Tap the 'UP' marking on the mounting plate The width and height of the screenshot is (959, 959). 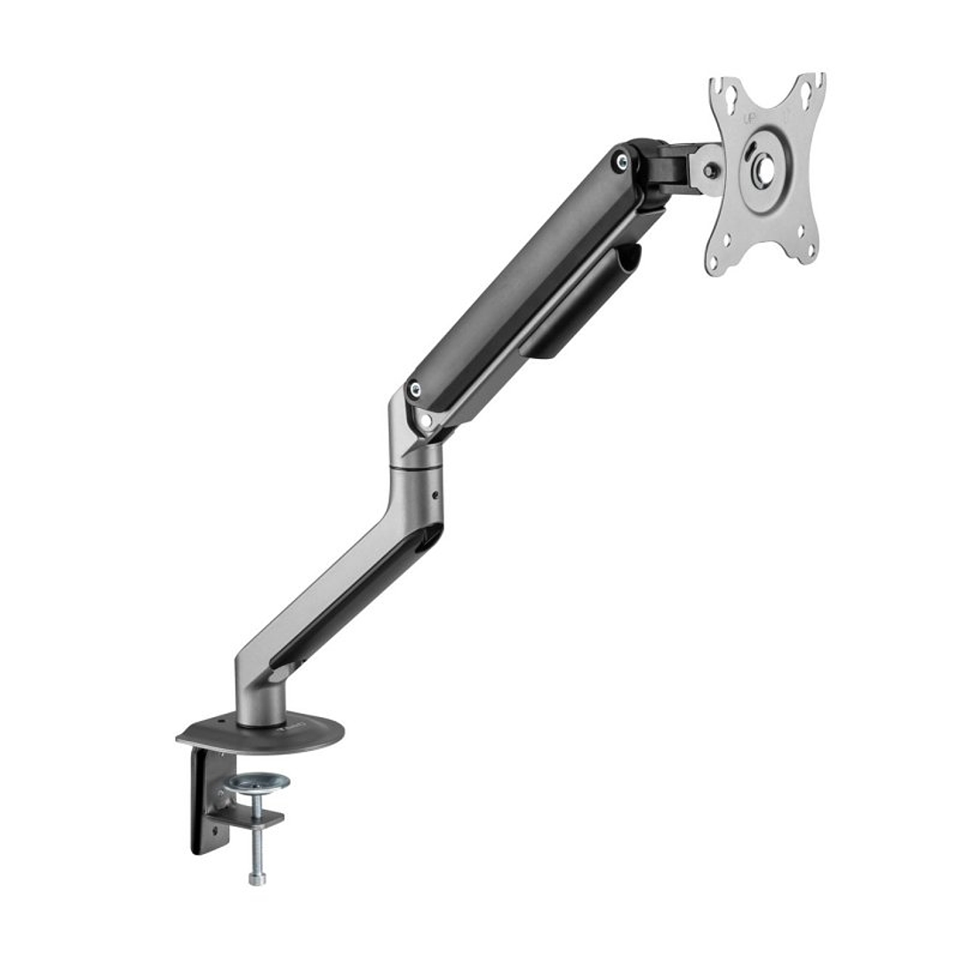click(x=749, y=117)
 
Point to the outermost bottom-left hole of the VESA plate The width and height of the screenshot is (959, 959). click(x=714, y=261)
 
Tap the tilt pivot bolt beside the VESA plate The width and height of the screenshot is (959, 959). click(x=710, y=170)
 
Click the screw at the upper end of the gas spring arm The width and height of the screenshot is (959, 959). click(x=621, y=162)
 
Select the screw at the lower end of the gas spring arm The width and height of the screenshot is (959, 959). click(x=413, y=388)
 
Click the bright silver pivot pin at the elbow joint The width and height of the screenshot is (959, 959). click(x=425, y=420)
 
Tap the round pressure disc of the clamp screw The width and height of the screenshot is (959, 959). click(x=258, y=783)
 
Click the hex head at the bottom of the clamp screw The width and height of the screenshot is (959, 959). click(x=257, y=879)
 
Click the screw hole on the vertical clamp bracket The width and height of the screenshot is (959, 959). click(x=214, y=831)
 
